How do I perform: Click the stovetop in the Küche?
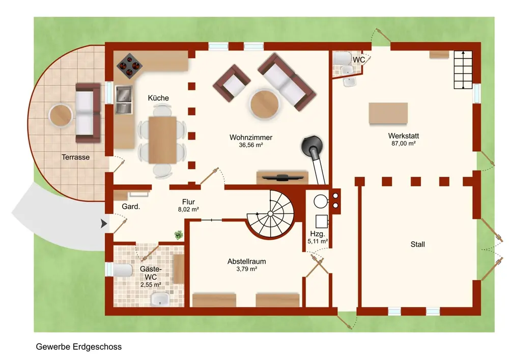(129, 66)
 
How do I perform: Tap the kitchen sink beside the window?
(124, 100)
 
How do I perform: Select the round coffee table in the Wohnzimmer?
(264, 105)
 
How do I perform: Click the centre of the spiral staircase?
(270, 213)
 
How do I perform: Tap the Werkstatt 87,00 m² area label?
(404, 139)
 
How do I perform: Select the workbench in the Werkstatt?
(388, 113)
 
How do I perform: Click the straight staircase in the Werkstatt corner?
(463, 69)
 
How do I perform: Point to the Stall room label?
(417, 244)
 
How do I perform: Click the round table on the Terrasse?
(61, 116)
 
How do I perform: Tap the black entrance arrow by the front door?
(103, 224)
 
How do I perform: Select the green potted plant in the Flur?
(179, 235)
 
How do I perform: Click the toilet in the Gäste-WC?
(122, 270)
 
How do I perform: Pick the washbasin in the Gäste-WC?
(160, 299)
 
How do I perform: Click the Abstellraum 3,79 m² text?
(247, 265)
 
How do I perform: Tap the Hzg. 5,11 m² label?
(318, 237)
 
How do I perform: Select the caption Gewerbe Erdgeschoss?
(79, 347)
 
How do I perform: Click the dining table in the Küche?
(163, 140)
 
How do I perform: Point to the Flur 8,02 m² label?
(188, 206)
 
